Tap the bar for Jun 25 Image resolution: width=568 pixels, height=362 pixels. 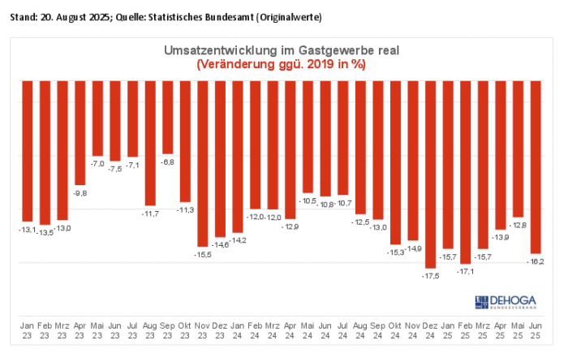pyautogui.click(x=536, y=166)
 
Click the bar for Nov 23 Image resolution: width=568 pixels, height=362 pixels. pyautogui.click(x=202, y=163)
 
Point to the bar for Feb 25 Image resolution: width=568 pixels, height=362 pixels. pyautogui.click(x=465, y=172)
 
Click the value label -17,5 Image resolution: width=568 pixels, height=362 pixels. pyautogui.click(x=430, y=276)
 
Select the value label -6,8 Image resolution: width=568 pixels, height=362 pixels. pyautogui.click(x=167, y=162)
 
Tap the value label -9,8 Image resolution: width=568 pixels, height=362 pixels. pyautogui.click(x=80, y=193)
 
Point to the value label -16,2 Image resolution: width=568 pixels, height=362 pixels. pyautogui.click(x=536, y=261)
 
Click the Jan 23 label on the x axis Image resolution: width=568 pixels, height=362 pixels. pyautogui.click(x=27, y=329)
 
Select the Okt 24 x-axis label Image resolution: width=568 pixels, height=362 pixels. pyautogui.click(x=395, y=329)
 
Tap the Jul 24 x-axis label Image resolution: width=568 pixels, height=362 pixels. pyautogui.click(x=342, y=329)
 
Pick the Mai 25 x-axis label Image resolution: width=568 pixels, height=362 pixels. pyautogui.click(x=518, y=329)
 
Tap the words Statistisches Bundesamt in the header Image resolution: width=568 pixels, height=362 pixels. pyautogui.click(x=211, y=17)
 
